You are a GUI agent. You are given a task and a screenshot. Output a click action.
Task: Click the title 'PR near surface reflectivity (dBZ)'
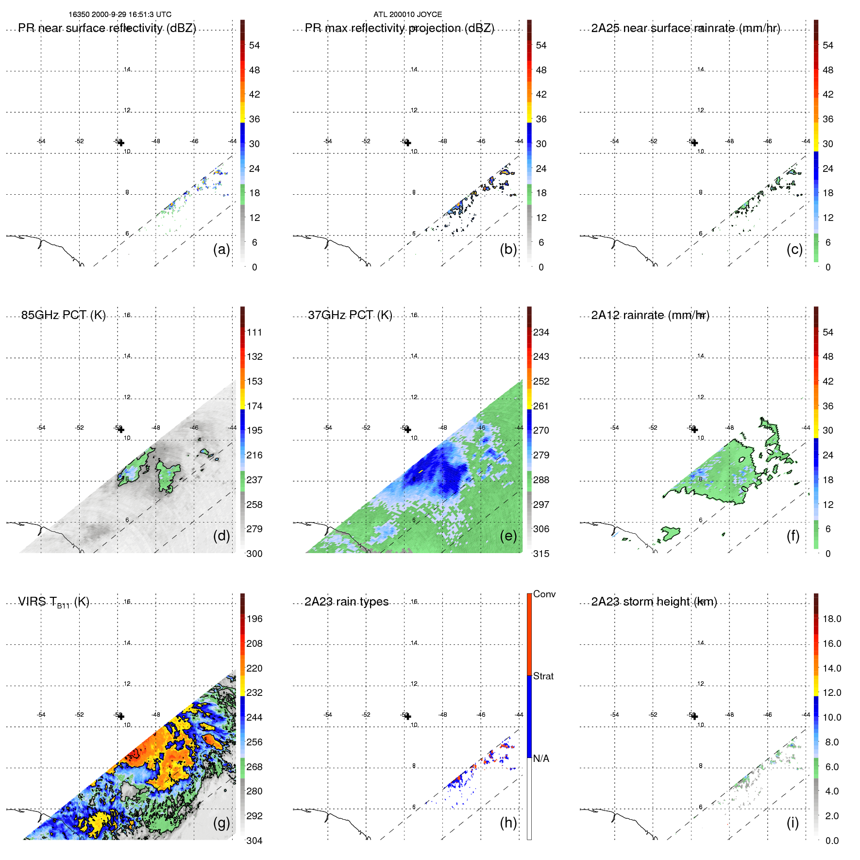pos(107,28)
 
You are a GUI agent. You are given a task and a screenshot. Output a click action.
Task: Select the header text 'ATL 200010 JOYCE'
pos(407,15)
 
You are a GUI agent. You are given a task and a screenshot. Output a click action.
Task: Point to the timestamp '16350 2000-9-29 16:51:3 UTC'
pos(120,15)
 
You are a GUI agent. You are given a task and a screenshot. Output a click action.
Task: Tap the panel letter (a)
pos(221,249)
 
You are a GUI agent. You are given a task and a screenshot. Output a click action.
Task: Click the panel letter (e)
pos(508,536)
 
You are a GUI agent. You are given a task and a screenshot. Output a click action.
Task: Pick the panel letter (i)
pos(793,823)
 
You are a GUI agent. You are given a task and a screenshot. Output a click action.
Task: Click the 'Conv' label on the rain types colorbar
pos(544,594)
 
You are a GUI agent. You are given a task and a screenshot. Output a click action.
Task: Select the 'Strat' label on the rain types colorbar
pos(543,676)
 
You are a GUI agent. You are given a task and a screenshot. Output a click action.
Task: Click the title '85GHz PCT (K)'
pos(63,315)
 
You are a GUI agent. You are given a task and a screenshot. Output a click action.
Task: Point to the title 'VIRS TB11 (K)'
pos(53,602)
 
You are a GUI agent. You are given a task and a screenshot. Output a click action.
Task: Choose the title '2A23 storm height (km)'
pos(654,602)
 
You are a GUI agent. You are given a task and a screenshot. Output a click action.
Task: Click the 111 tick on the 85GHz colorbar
pos(254,333)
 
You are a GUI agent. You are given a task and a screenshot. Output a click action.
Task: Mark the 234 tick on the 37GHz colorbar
pos(541,333)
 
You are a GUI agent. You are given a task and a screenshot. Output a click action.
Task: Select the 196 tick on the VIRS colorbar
pos(254,619)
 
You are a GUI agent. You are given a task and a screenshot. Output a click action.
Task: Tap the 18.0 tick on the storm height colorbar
pos(832,619)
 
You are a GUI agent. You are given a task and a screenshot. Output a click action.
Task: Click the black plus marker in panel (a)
pos(121,143)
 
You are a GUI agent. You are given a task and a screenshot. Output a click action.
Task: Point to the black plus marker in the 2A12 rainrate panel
pos(694,430)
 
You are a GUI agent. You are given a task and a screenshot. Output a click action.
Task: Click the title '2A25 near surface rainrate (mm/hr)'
pos(686,28)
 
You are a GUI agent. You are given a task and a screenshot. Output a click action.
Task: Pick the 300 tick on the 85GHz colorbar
pos(254,554)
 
